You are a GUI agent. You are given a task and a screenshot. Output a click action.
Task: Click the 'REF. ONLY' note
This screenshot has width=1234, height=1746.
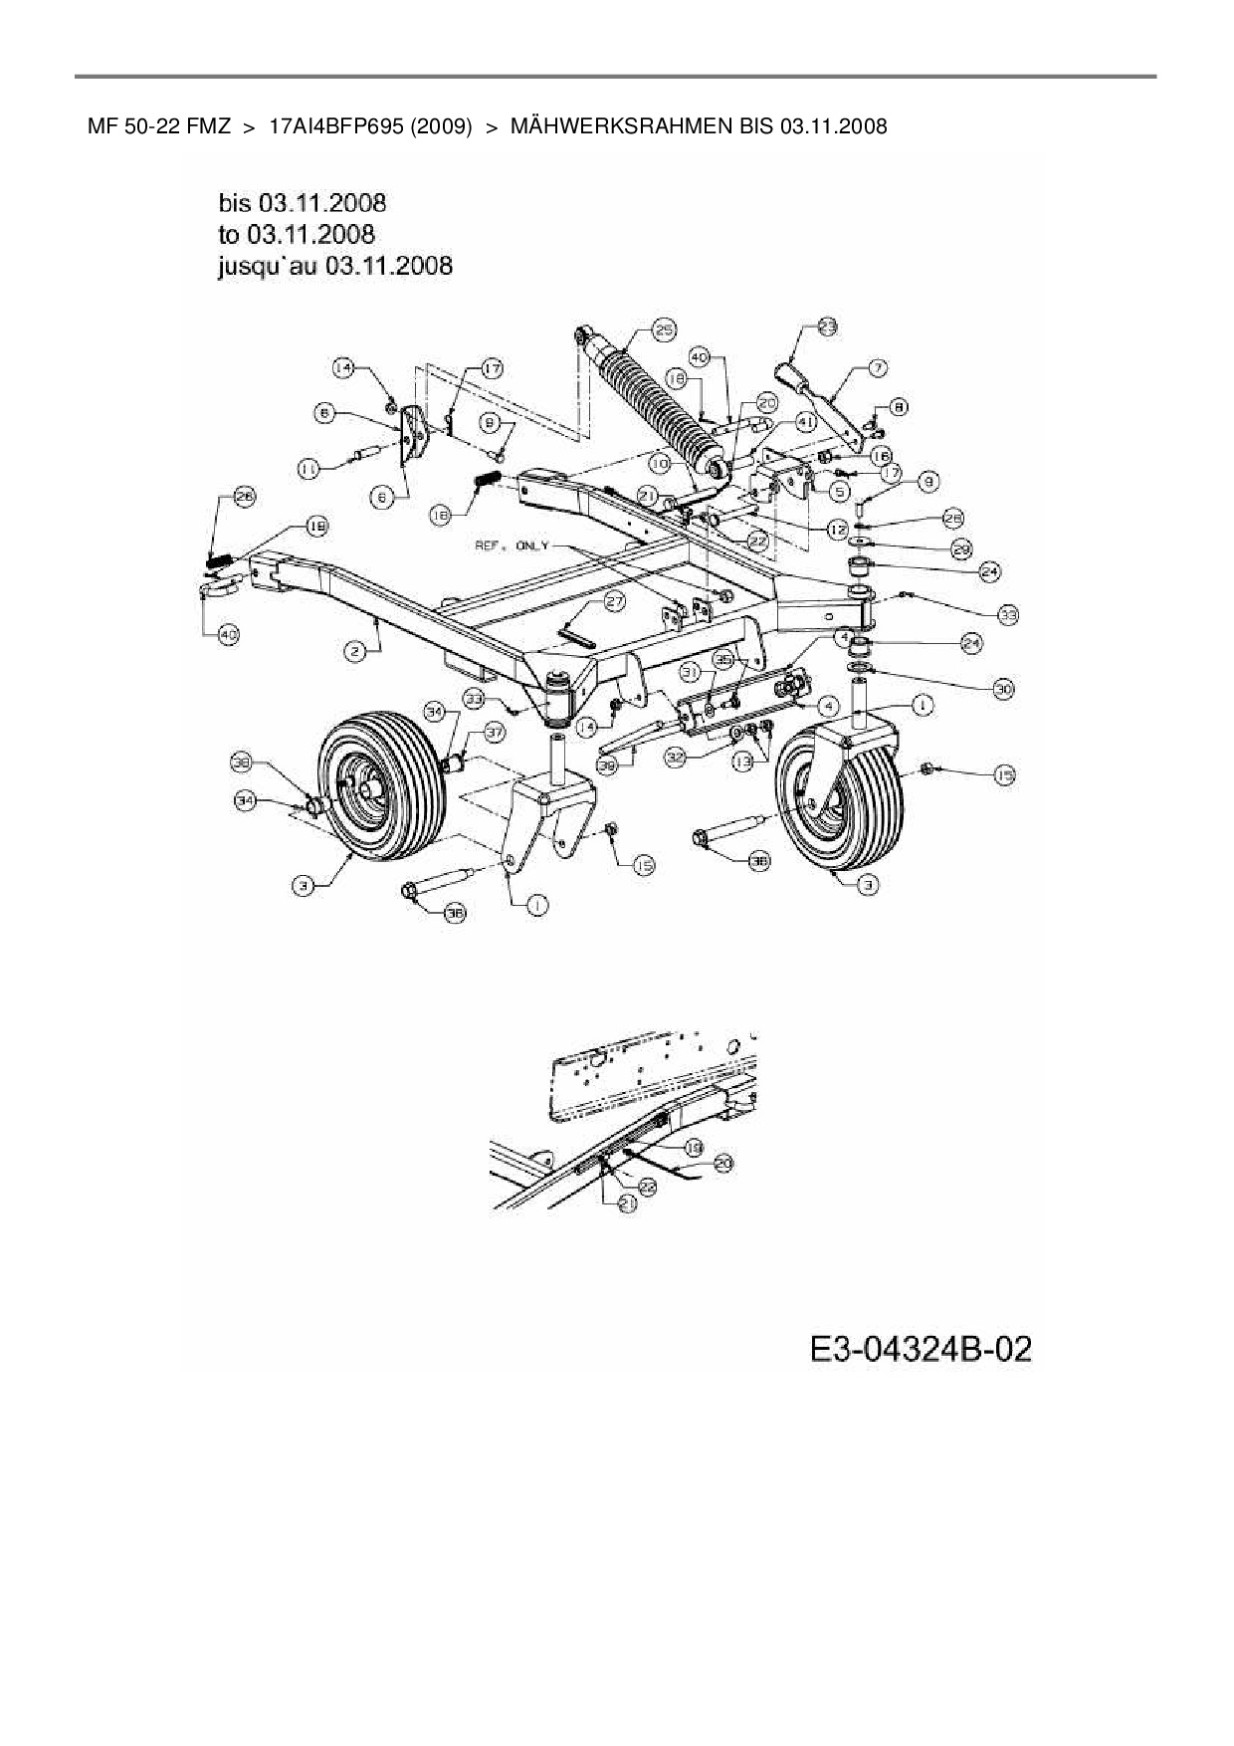click(x=513, y=546)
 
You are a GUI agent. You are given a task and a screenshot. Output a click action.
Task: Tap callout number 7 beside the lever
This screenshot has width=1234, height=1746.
click(x=878, y=367)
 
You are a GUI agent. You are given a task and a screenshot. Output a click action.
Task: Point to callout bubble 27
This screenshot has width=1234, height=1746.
click(x=614, y=601)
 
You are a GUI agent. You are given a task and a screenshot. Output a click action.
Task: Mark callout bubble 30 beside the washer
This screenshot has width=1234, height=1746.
click(x=1002, y=688)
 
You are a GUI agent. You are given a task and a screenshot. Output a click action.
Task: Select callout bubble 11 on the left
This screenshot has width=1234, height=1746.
click(x=308, y=466)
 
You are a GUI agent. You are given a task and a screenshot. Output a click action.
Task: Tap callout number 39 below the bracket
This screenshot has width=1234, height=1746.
click(x=606, y=765)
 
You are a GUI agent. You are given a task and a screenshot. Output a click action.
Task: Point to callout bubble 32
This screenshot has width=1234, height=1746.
click(x=676, y=758)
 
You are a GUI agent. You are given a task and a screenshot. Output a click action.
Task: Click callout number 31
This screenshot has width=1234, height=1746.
click(x=690, y=673)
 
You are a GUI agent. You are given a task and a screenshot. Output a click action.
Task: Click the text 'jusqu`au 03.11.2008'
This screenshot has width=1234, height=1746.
click(x=334, y=266)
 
